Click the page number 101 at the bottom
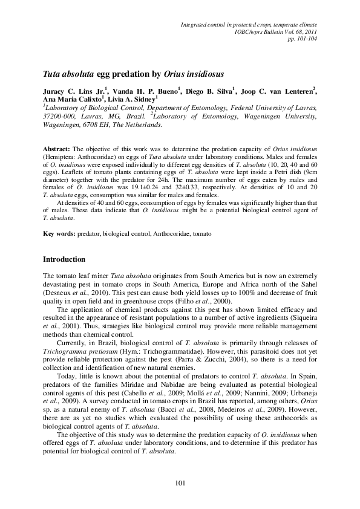179,482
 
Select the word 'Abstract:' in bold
56,148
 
